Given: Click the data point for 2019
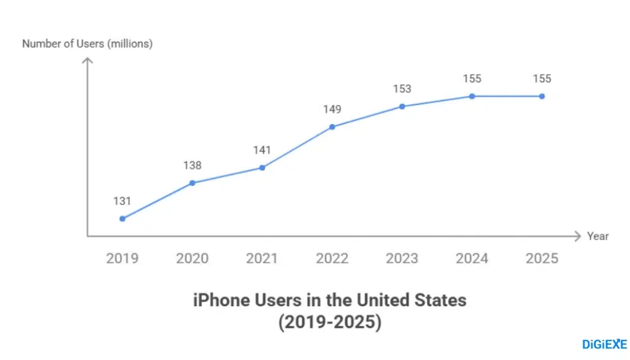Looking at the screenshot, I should (122, 219).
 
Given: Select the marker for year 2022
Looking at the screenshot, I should (332, 127).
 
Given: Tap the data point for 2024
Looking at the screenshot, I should (472, 96).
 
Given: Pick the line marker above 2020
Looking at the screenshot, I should (192, 183).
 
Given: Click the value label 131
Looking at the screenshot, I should (122, 201).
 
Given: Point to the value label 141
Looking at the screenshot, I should (262, 150).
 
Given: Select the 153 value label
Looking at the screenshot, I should (402, 89).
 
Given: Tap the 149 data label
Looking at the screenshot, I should (332, 109).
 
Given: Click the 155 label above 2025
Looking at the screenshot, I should (542, 79).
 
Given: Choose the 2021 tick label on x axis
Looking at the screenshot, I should (262, 258).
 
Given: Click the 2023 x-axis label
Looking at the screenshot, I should (402, 258).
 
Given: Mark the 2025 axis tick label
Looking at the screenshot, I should (542, 258).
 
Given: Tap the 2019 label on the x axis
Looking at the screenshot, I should (122, 258).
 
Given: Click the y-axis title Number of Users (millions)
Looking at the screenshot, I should (87, 44).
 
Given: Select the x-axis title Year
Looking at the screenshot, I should (598, 236).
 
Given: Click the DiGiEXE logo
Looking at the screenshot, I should (604, 344).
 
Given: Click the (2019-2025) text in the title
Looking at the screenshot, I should (330, 322).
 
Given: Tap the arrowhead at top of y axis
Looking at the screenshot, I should (87, 61).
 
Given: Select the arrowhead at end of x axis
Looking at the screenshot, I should (576, 236).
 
